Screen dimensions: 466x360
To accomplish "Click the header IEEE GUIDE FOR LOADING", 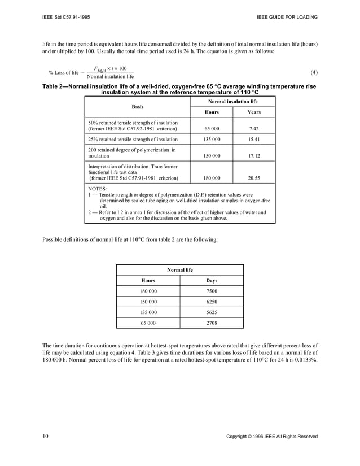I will point(287,17).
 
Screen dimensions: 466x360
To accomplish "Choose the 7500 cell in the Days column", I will point(212,291).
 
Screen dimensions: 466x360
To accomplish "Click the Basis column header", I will point(137,106).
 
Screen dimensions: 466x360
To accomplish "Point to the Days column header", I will point(212,280).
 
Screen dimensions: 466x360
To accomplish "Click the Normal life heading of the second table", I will point(180,270).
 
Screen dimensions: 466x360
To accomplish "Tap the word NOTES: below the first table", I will point(98,188).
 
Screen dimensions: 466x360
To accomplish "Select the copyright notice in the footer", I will point(271,437).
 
